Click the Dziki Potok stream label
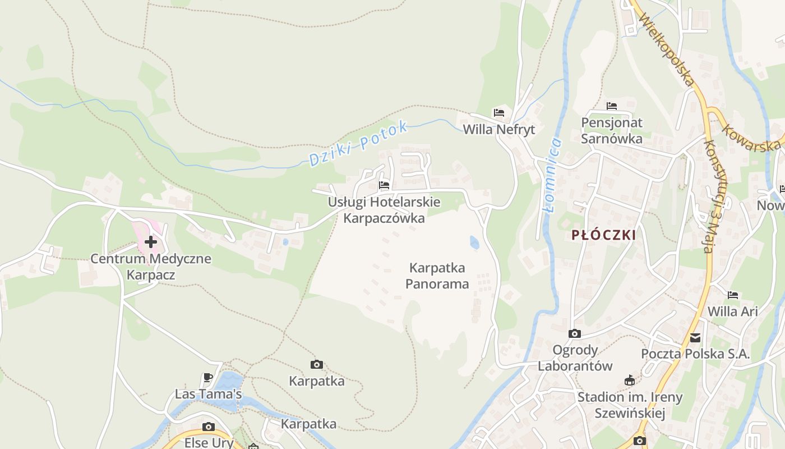click(358, 144)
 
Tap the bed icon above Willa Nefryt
click(499, 113)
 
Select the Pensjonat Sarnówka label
click(612, 130)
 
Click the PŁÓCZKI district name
click(604, 235)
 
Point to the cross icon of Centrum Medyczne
click(150, 242)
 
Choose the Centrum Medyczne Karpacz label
click(151, 267)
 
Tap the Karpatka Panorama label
click(437, 276)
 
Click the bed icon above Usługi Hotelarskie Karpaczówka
click(384, 185)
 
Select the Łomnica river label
click(553, 175)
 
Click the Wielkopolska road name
click(667, 51)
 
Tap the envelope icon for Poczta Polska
click(695, 338)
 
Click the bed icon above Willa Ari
click(733, 295)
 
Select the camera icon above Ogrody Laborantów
click(575, 334)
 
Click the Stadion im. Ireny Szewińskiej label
click(630, 405)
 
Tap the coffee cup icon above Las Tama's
click(208, 377)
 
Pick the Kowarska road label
click(751, 138)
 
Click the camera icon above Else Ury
click(209, 427)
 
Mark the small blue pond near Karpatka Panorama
click(474, 242)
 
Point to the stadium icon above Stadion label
click(630, 381)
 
